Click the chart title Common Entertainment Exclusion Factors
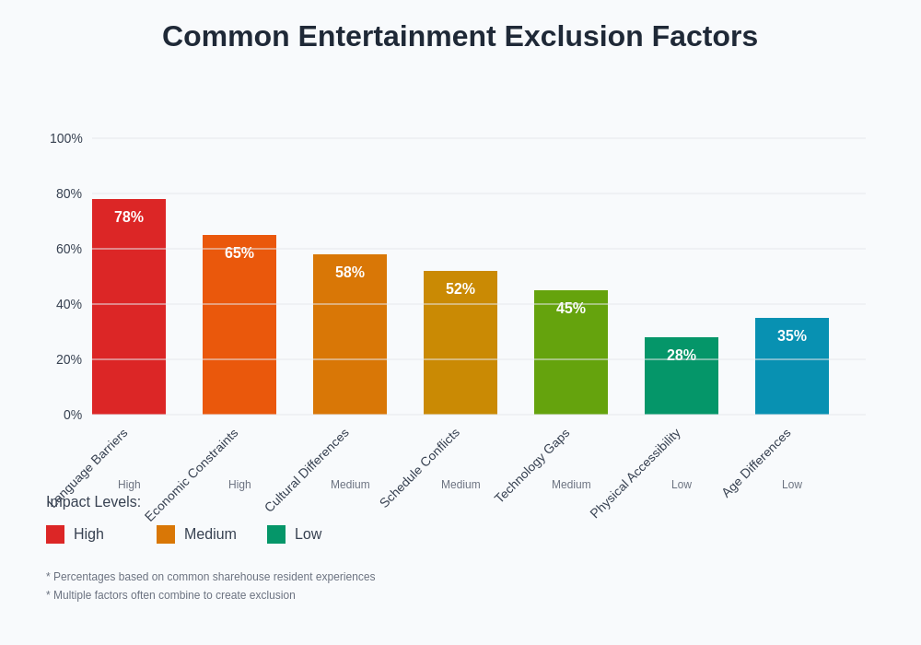[460, 36]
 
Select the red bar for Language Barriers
[129, 313]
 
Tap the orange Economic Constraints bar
[239, 332]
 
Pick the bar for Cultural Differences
[350, 341]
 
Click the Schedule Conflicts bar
[460, 350]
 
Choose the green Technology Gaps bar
[571, 359]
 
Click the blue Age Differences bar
[792, 373]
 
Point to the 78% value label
[129, 217]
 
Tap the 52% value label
[460, 289]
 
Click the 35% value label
[792, 336]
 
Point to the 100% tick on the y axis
[66, 138]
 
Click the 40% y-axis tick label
[69, 304]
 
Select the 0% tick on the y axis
[73, 415]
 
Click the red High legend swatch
[55, 534]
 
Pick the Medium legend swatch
[166, 534]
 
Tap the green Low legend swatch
[276, 534]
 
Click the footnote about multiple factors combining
[170, 595]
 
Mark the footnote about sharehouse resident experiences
[211, 577]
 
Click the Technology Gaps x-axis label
[532, 465]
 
